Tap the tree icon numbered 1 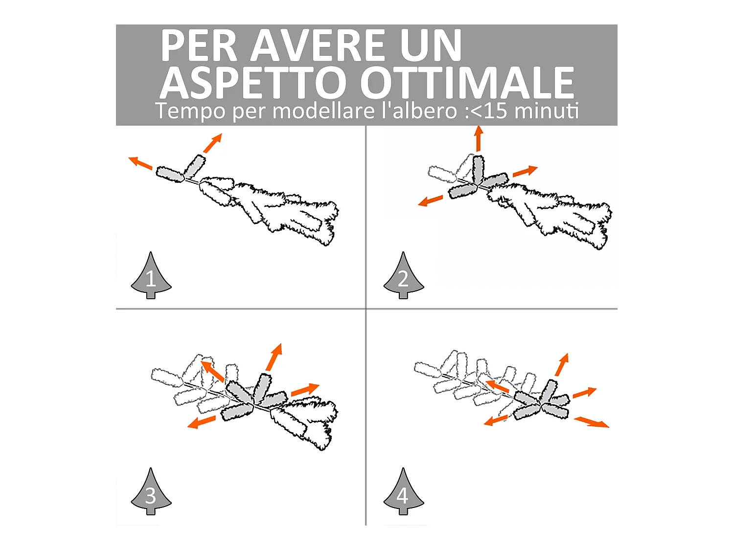[x=151, y=277]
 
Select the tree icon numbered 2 [x=403, y=277]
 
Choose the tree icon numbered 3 [x=151, y=493]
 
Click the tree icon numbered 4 [x=403, y=493]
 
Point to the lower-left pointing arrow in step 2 [x=431, y=200]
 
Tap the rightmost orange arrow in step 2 [x=525, y=171]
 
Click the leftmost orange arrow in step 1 [x=140, y=163]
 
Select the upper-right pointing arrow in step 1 [x=212, y=143]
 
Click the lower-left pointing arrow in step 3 [x=202, y=422]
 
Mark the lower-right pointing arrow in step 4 [x=591, y=422]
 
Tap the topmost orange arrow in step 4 [x=562, y=365]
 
